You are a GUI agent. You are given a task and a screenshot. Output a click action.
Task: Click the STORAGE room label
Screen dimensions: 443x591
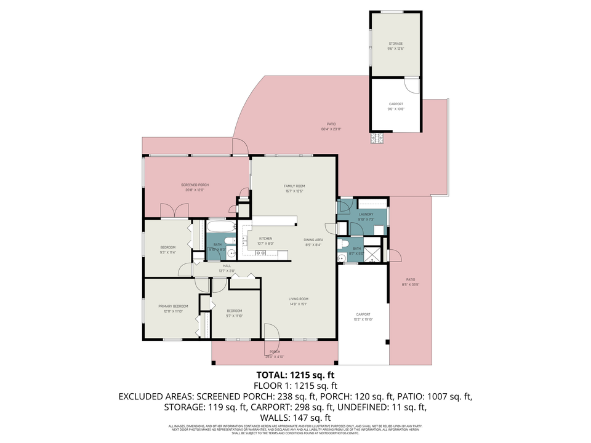[x=395, y=44]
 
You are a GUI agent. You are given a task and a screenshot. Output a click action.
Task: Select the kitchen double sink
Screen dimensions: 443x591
[x=260, y=253]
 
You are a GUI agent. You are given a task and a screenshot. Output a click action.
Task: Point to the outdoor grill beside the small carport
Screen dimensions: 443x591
[x=377, y=139]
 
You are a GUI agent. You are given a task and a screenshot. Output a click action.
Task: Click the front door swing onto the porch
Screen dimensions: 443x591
[x=271, y=332]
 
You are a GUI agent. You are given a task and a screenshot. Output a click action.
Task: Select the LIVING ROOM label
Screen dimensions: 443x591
[x=299, y=299]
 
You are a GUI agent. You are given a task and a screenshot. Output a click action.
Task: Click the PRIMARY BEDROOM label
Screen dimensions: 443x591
[x=172, y=306]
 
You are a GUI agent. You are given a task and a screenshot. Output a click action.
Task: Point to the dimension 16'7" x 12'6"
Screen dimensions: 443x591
[x=294, y=191]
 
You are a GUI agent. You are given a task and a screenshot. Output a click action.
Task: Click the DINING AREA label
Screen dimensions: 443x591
[x=312, y=239]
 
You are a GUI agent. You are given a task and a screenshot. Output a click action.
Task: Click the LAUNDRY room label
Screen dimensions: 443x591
[x=366, y=214]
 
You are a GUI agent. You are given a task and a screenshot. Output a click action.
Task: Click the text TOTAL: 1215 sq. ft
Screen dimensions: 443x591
[x=295, y=375]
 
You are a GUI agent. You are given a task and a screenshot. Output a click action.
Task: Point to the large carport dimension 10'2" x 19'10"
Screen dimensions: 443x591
[x=363, y=319]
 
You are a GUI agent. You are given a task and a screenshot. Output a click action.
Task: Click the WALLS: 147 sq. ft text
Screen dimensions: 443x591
[x=295, y=417]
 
